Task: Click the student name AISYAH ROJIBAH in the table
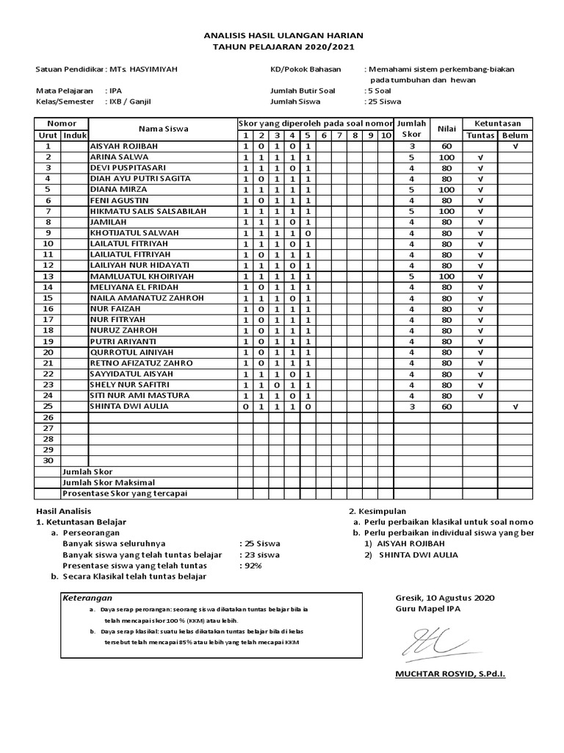point(119,146)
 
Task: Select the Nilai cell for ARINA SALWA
point(446,157)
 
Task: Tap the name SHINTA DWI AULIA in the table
point(129,407)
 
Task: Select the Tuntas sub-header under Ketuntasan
point(480,136)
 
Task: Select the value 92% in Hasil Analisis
point(251,565)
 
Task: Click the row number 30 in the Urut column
point(48,460)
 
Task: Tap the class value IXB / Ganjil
point(134,101)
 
